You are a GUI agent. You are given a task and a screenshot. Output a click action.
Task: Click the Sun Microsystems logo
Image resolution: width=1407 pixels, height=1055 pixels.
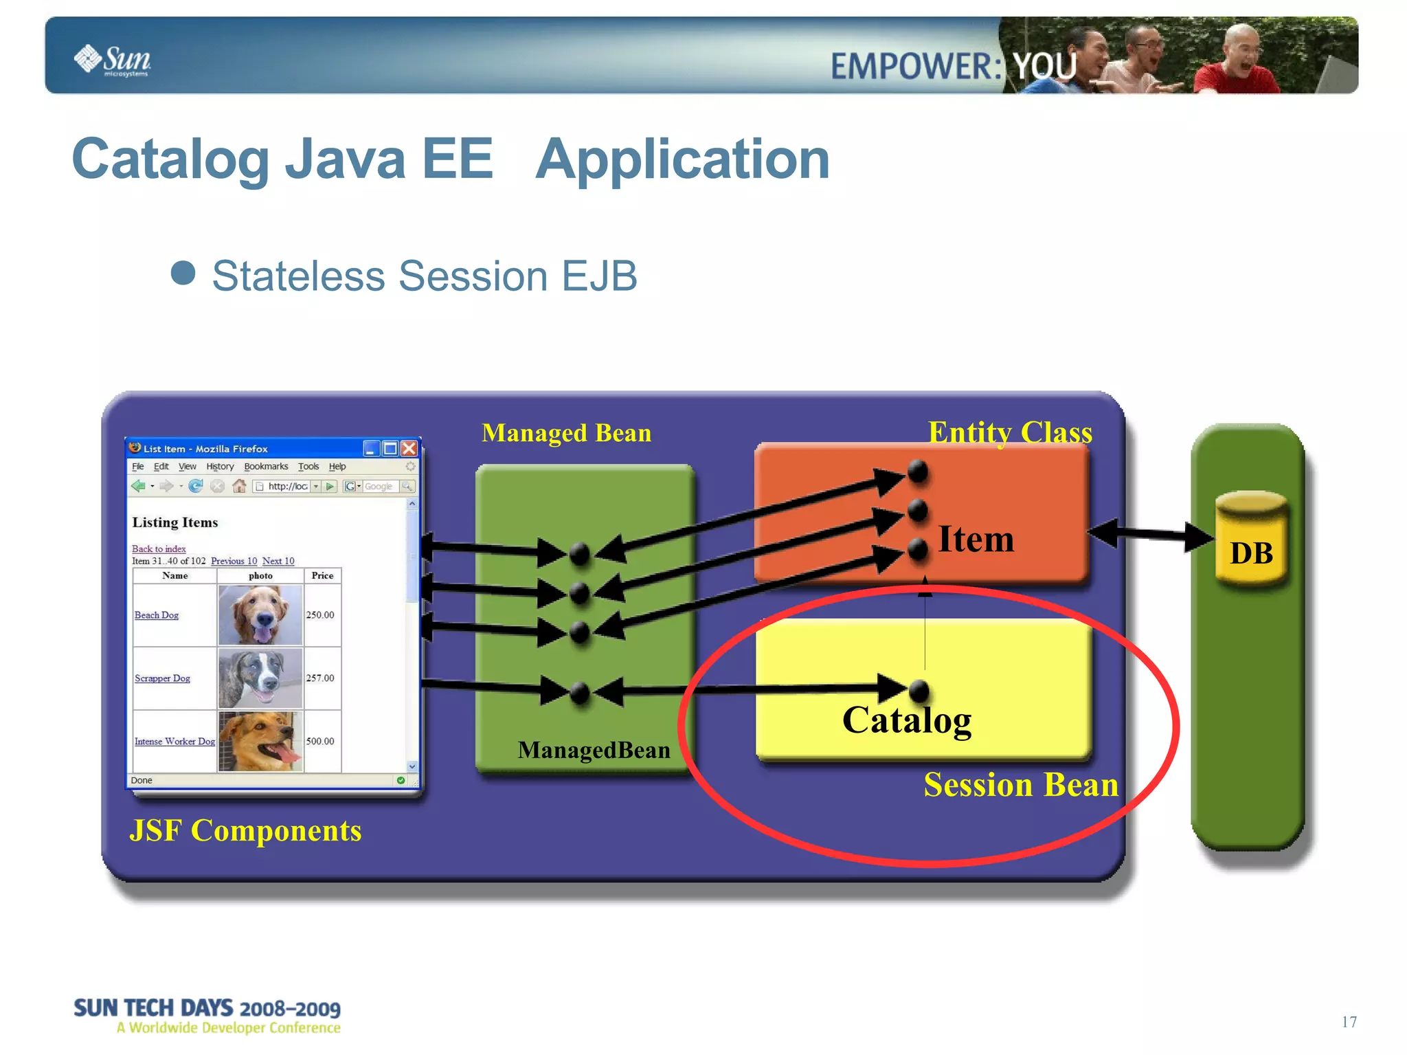[x=113, y=60]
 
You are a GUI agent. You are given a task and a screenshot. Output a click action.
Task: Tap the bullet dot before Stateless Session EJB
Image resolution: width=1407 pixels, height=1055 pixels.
[x=183, y=273]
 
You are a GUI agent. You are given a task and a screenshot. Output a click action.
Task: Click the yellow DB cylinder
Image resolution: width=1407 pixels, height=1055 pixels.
[x=1251, y=540]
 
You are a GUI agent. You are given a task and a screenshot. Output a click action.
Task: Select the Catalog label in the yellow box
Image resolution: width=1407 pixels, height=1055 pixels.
[x=906, y=720]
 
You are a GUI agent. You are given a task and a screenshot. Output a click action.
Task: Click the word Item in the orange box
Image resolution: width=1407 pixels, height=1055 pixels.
[x=976, y=539]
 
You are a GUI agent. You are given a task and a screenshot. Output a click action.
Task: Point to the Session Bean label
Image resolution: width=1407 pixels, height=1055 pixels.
[x=1020, y=785]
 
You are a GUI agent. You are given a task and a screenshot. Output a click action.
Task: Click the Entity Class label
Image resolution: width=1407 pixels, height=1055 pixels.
[x=1009, y=432]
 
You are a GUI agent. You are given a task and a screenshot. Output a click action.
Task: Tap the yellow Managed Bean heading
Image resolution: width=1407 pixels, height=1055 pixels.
[x=566, y=433]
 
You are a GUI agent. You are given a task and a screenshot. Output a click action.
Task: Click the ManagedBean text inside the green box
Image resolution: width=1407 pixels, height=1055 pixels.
[x=594, y=750]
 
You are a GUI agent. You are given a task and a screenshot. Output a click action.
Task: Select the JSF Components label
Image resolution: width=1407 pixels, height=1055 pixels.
[x=245, y=830]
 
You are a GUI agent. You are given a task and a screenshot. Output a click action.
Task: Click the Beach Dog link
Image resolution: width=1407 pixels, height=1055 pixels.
[x=157, y=615]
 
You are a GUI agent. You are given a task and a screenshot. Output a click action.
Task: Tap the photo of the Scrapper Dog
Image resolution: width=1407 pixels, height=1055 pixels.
[x=260, y=678]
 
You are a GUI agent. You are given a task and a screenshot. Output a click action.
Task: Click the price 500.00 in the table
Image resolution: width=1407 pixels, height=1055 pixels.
[x=320, y=741]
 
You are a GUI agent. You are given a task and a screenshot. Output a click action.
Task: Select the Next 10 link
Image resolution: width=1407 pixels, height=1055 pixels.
[x=278, y=561]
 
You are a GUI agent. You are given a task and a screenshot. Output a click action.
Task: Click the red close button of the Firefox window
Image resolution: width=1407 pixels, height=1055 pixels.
[x=409, y=449]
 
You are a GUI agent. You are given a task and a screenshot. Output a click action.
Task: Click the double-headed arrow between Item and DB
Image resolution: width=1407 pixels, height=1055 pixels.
[x=1151, y=535]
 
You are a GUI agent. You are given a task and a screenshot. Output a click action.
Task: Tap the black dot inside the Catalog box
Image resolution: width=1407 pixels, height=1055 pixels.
[x=919, y=689]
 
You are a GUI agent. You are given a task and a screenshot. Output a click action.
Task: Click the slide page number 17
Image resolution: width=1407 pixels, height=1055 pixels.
[x=1349, y=1022]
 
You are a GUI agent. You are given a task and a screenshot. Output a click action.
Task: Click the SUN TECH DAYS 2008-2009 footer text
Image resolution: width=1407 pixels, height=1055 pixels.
[x=207, y=1008]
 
